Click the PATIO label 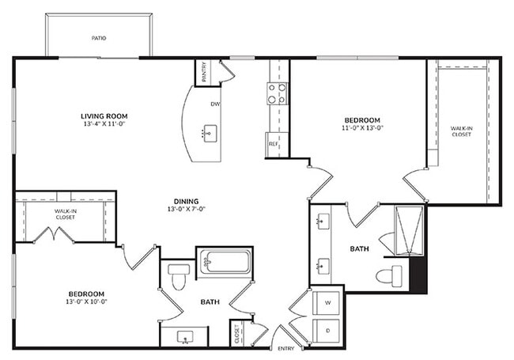pos(98,37)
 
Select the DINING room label pos(183,201)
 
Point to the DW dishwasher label pos(214,104)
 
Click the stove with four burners pos(277,94)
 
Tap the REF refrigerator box pos(274,144)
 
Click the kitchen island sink pos(210,132)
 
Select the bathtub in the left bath pos(225,262)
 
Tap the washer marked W pos(327,302)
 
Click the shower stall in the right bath pos(409,229)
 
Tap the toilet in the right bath pos(390,275)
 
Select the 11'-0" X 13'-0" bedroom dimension pos(362,127)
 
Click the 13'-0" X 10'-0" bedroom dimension pos(86,301)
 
